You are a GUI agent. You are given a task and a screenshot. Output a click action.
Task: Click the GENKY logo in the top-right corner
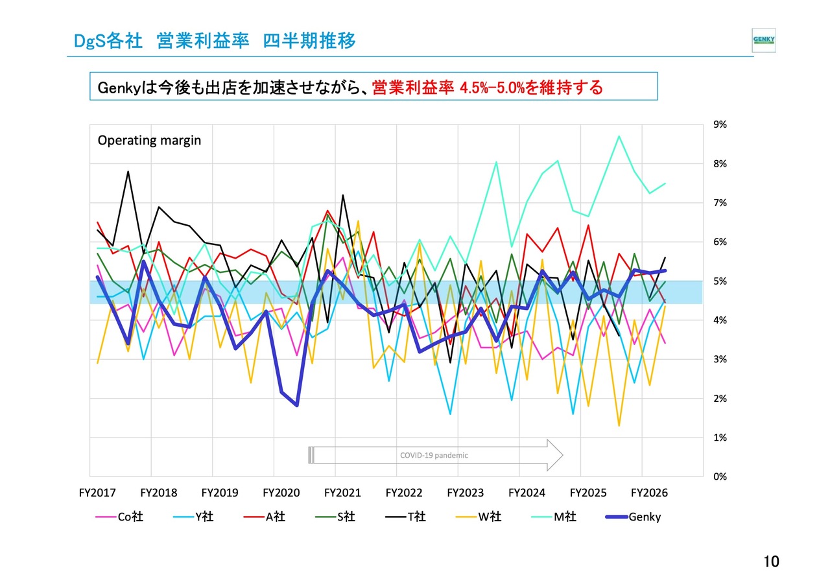point(763,40)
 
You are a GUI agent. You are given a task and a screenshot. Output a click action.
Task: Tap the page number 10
point(771,562)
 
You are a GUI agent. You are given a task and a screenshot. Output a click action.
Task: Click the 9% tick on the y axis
point(720,124)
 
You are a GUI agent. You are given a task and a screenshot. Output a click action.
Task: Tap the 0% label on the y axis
point(720,476)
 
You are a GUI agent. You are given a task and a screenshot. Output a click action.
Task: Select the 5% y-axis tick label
point(720,281)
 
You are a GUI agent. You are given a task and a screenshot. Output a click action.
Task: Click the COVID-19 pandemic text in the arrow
point(434,455)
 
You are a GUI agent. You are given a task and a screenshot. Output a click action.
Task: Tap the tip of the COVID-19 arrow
point(562,455)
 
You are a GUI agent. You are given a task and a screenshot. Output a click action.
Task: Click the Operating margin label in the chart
point(149,140)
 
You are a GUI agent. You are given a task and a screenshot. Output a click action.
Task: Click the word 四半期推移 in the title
point(309,41)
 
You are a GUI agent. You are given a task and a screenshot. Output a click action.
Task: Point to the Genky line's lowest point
point(296,405)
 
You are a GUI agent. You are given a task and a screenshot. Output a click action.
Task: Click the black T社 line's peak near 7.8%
point(128,172)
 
